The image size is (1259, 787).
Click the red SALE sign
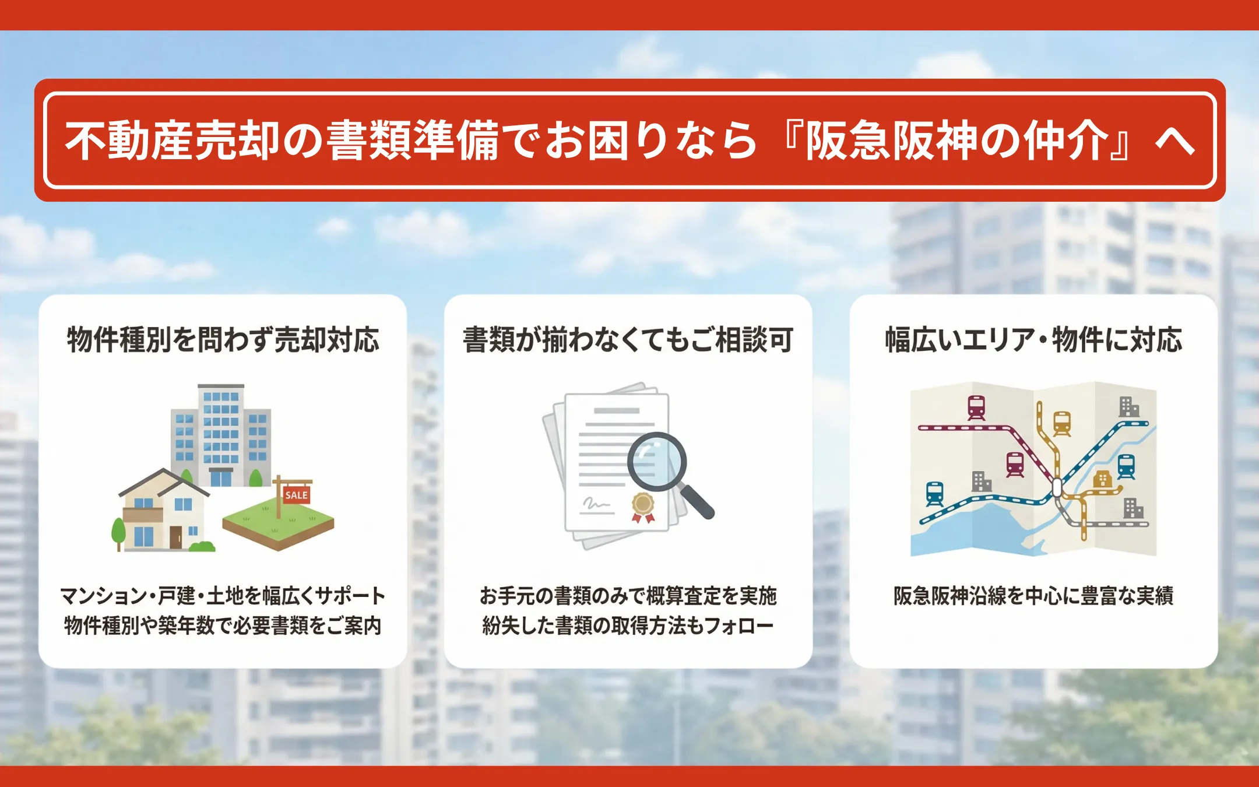coord(296,495)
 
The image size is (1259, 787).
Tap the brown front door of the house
coord(175,537)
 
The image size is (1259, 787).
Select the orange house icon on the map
coord(1102,479)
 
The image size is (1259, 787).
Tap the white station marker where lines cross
coord(1057,487)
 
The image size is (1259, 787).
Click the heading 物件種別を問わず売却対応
coord(223,340)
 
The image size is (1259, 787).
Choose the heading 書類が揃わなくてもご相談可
coord(628,340)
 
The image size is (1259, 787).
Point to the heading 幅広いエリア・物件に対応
coord(1033,340)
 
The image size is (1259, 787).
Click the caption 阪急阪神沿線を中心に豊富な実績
coord(1033,596)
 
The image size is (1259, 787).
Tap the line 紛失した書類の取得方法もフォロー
coord(628,626)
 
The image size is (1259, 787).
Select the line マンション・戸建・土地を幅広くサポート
coord(223,596)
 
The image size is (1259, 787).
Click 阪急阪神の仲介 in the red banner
coord(957,140)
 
